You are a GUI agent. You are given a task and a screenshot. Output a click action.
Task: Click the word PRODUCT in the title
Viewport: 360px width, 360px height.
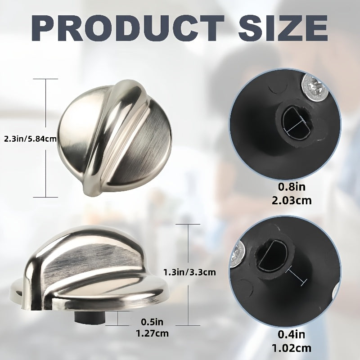click(x=128, y=28)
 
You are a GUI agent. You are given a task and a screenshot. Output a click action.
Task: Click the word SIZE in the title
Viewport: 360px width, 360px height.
click(x=283, y=28)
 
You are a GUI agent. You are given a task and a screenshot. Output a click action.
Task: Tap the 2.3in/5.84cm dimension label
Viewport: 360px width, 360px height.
click(x=30, y=139)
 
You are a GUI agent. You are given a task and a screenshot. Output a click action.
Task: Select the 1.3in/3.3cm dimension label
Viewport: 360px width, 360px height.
click(x=189, y=272)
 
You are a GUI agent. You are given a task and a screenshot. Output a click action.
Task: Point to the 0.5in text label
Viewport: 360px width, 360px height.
click(x=152, y=322)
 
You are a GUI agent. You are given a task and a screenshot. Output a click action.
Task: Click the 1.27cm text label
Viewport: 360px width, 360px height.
click(x=152, y=333)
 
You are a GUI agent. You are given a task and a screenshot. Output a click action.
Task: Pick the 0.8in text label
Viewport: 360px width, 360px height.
click(x=292, y=187)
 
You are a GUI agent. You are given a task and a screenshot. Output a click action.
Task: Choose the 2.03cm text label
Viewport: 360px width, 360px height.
click(x=292, y=201)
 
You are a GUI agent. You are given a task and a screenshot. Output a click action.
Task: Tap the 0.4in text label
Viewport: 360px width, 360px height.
click(x=292, y=334)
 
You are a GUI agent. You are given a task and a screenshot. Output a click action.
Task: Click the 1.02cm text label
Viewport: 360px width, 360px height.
click(x=292, y=348)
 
